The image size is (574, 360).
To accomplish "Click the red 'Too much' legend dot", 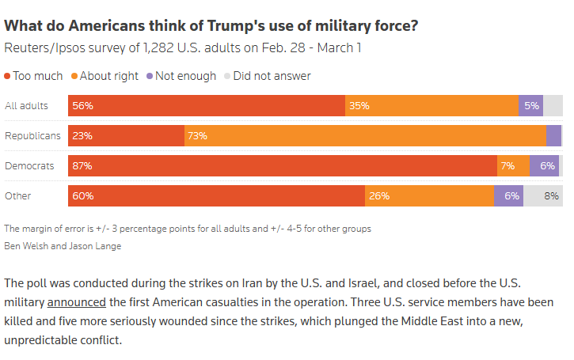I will pos(8,76).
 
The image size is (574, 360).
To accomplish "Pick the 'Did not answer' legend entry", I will pos(272,76).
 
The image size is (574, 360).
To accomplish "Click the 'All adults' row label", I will pos(26,106).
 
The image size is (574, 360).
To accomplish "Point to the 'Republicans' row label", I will pos(32,135).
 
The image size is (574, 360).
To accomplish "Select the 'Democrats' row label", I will pos(29,165).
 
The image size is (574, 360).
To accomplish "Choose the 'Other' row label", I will pos(18,195).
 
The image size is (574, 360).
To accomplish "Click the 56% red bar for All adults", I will pos(207,106).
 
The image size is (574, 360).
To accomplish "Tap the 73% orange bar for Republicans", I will pos(364,135).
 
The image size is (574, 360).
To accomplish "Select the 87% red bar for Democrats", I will pos(282,165).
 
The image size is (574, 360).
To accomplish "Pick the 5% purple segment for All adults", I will pos(530,106).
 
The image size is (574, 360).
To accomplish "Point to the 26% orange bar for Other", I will pos(429,195).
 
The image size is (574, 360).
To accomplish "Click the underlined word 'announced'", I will pos(78,301).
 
